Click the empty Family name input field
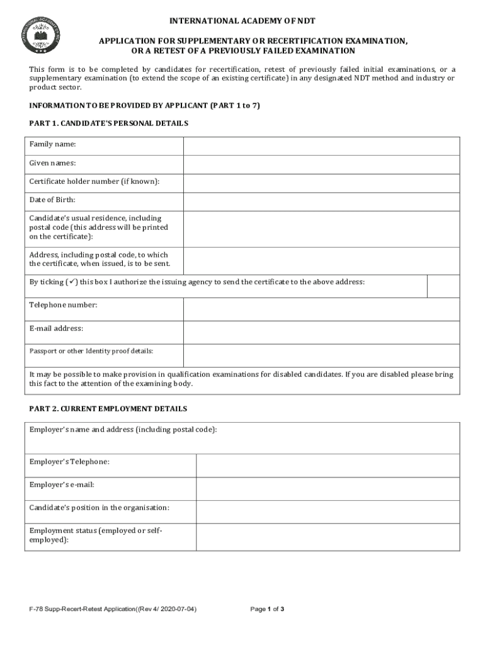coord(321,146)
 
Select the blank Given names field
coord(321,164)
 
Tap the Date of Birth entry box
coord(321,201)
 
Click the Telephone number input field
coord(321,309)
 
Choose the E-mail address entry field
coord(321,333)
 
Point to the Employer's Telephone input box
coord(328,465)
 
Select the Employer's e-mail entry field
coord(328,488)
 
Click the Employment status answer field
coord(328,537)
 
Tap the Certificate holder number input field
coord(321,183)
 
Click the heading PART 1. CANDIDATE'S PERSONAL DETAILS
coord(108,123)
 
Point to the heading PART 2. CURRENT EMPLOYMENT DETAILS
coord(108,409)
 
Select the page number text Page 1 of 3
coord(268,609)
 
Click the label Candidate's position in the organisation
coord(100,508)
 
